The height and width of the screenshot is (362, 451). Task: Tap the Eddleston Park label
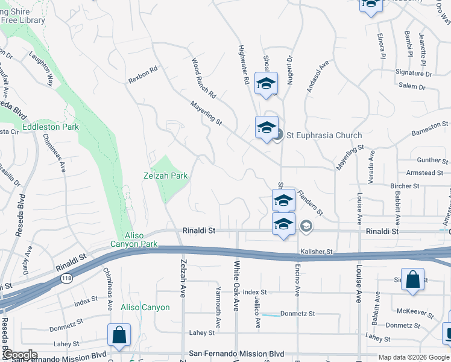[51, 127]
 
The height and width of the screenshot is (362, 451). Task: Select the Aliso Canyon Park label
[133, 240]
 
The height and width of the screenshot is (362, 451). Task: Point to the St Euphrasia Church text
[324, 135]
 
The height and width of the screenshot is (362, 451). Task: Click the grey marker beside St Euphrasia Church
[277, 135]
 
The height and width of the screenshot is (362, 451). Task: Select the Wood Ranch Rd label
[203, 78]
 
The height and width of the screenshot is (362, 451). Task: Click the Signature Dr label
[414, 74]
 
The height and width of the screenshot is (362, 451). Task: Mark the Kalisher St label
[317, 251]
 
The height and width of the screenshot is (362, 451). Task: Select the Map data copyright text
[414, 357]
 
